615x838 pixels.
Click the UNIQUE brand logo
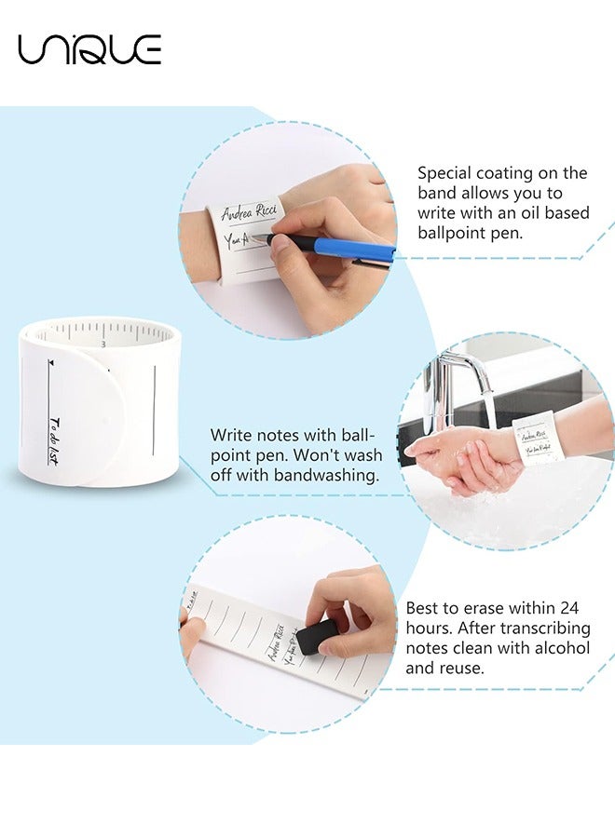point(89,48)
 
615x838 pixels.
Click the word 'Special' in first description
point(447,172)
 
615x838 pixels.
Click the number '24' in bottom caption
point(571,607)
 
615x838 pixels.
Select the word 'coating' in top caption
point(512,172)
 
